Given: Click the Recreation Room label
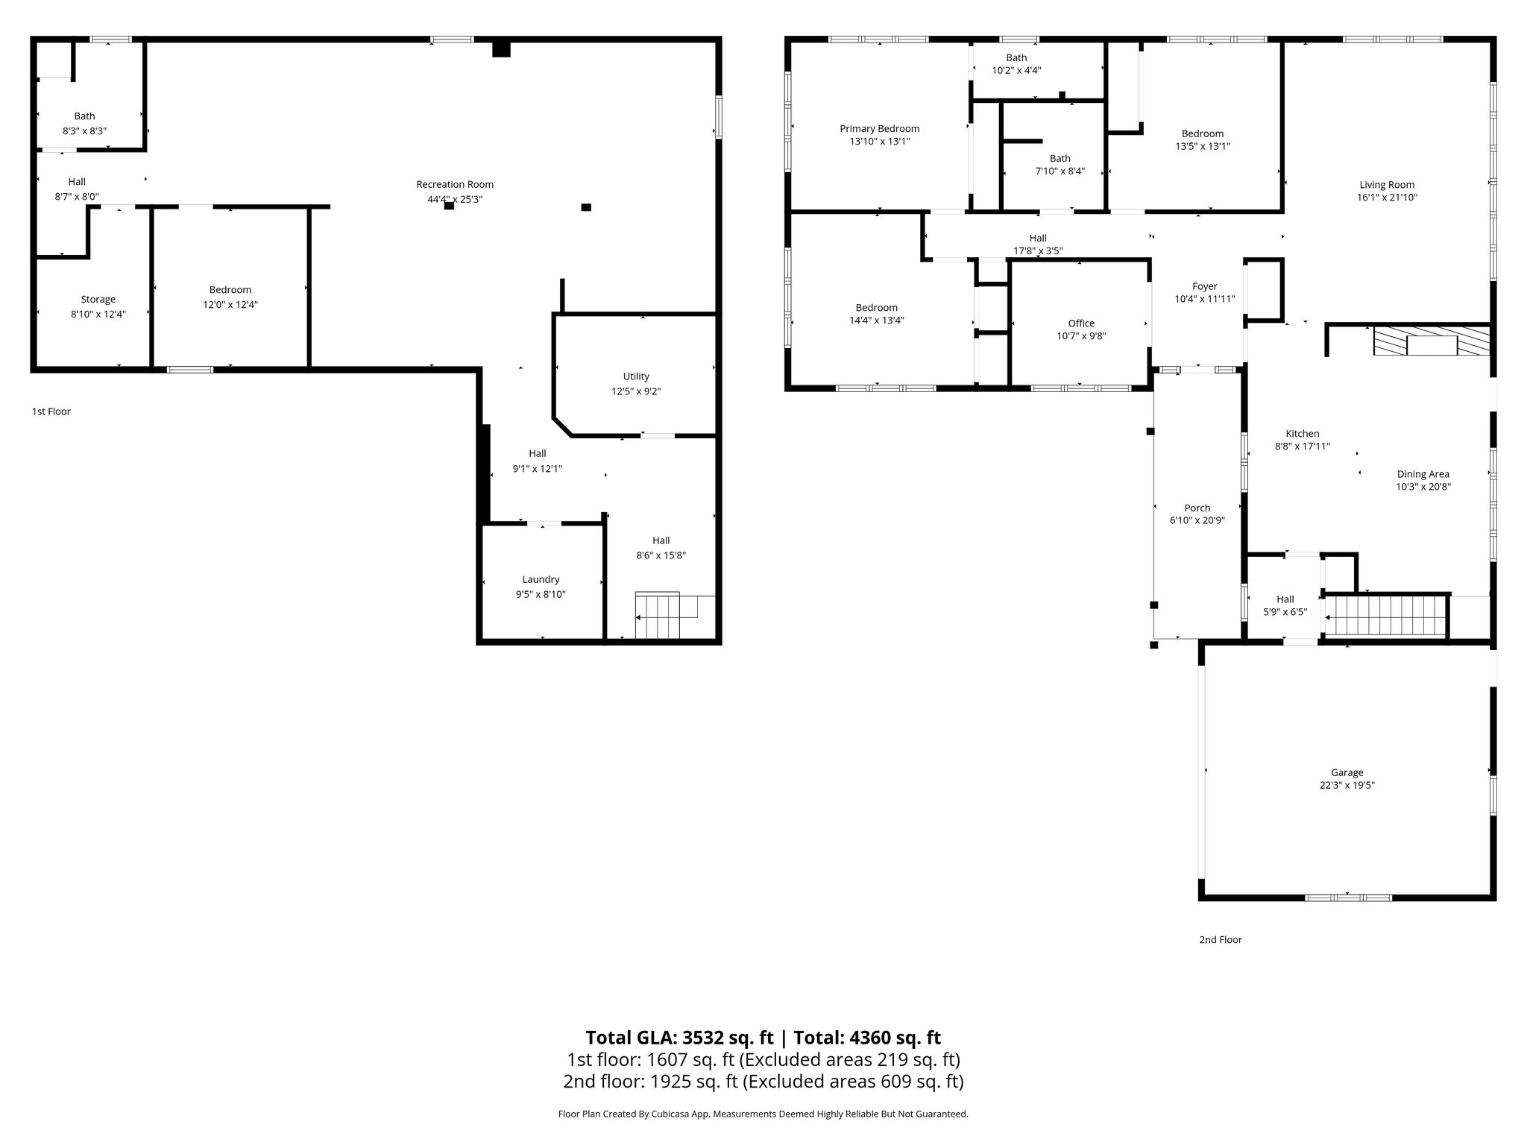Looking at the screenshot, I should coord(455,184).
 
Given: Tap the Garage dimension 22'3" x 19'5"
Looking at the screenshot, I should coord(1347,785).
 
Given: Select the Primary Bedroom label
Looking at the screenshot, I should coord(879,129).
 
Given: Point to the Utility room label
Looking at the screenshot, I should coord(636,376).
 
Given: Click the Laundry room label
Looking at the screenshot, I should coord(541,579).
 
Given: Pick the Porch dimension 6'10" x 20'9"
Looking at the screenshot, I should coord(1197,521).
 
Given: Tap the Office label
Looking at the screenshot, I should coord(1081,323).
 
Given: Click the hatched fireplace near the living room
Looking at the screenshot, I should coord(1432,341).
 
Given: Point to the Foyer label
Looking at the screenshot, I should coord(1204,286).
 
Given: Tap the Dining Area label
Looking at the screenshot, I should coord(1423,474).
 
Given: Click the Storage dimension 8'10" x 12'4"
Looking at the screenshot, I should coord(98,315).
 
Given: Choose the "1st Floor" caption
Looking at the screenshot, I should coord(51,411).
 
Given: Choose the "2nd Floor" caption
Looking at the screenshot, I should coord(1220,940).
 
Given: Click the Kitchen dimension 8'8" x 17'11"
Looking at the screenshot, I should coord(1302,447).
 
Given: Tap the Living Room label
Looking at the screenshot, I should coord(1386,185).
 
